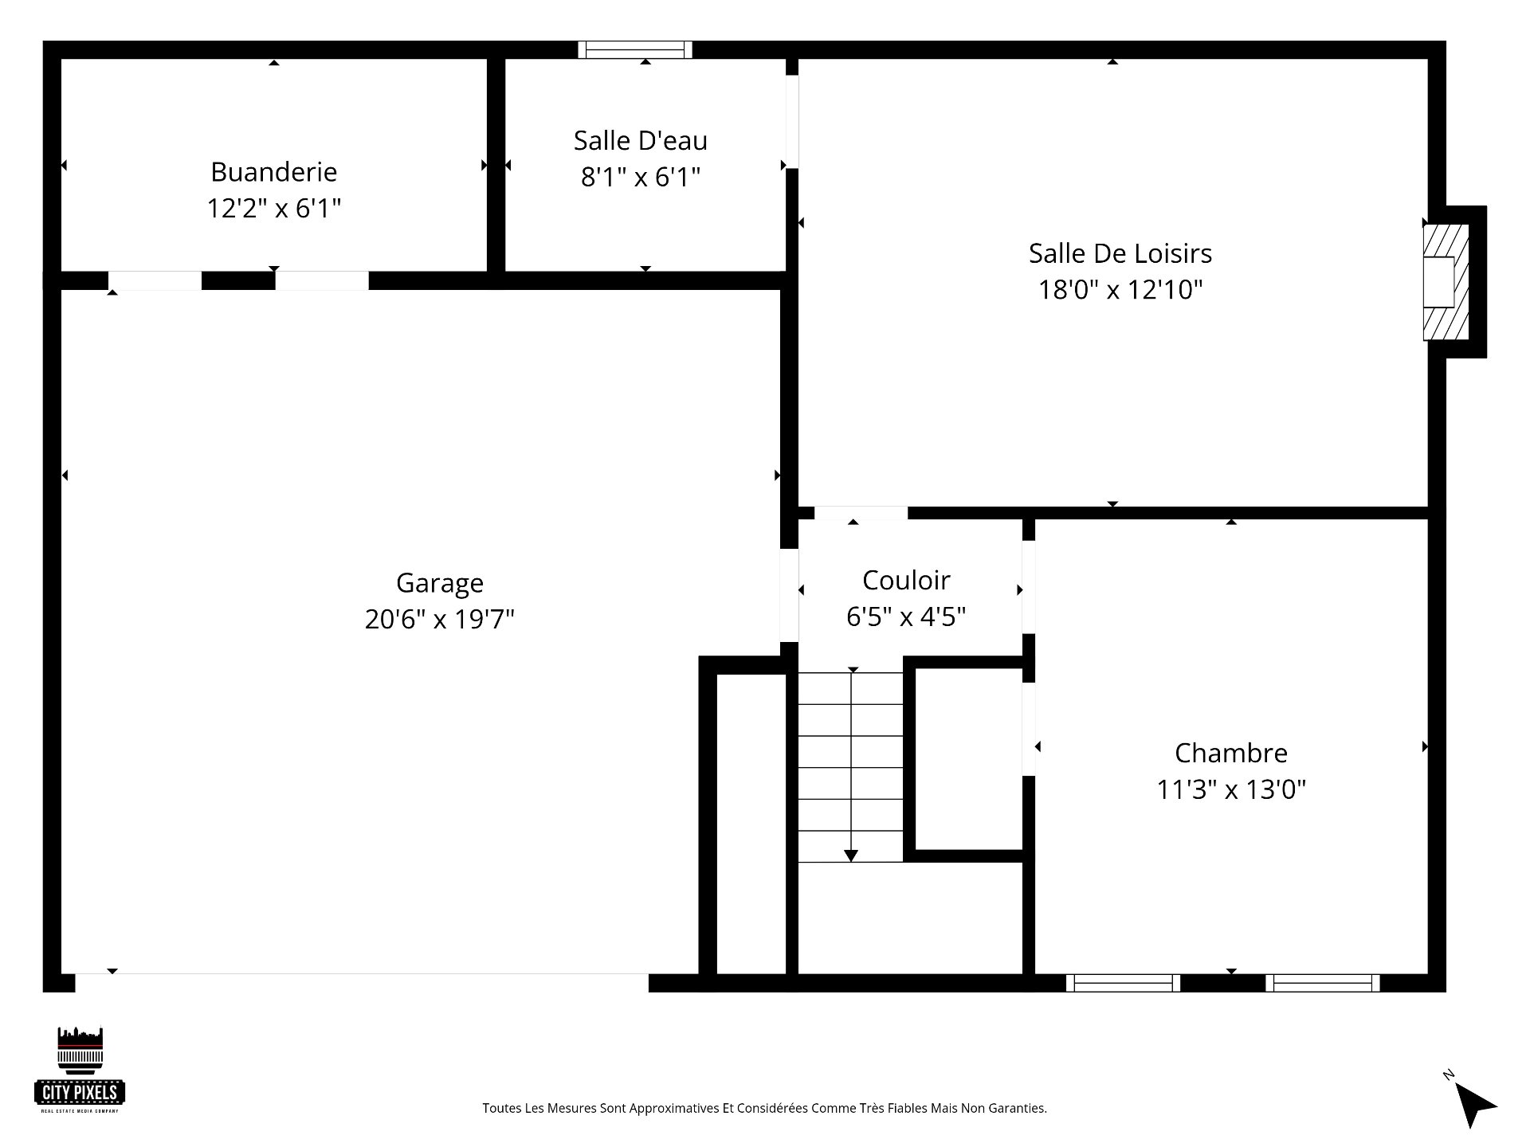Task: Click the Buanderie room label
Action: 274,171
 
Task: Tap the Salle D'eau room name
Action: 641,140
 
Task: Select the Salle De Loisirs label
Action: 1120,253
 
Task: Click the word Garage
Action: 440,583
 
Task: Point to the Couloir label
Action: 906,580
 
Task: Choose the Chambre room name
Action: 1231,753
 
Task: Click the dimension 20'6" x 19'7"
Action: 440,619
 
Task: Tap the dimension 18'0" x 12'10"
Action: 1120,289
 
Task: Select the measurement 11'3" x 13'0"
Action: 1231,789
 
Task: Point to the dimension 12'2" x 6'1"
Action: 274,208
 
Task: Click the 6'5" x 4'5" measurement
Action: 906,617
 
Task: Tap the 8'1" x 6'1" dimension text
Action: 641,176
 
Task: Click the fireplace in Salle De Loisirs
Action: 1446,282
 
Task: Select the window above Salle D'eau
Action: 635,49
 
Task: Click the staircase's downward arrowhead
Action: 851,855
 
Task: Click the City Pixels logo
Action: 80,1069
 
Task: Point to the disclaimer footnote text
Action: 764,1108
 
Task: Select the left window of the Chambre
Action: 1123,983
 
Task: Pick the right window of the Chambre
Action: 1323,983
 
